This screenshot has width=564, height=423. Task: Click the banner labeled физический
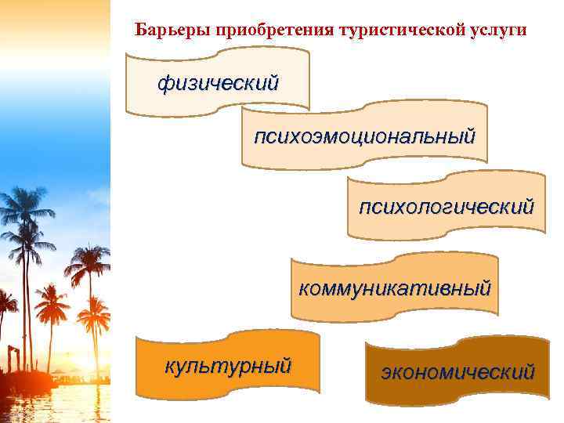coord(218,81)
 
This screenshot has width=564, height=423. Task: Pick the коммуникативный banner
coord(395,287)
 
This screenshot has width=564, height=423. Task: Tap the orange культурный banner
coord(228,364)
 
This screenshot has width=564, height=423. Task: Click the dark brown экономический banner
coord(458,371)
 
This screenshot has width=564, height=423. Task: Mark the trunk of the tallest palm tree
coord(27,298)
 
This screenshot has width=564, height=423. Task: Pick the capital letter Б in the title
coord(140,31)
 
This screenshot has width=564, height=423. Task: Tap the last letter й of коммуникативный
coord(486,287)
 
